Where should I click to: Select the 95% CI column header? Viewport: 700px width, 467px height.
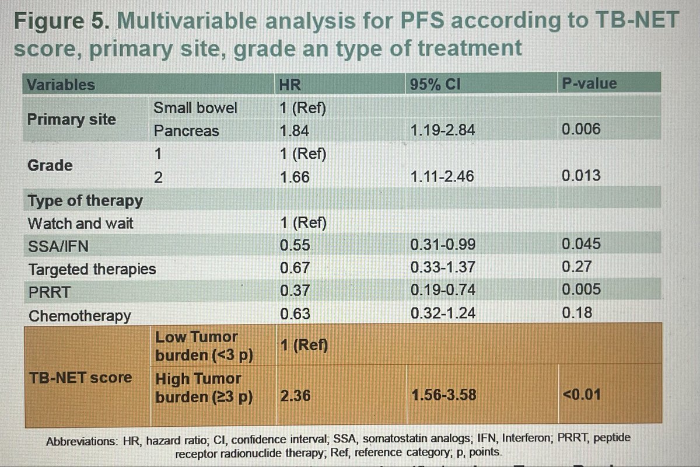[436, 85]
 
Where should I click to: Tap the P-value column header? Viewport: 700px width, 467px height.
[589, 84]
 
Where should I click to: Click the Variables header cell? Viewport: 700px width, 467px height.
[61, 84]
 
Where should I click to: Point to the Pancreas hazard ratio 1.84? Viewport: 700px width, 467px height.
[295, 131]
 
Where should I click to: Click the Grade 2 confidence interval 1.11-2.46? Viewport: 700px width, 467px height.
[442, 177]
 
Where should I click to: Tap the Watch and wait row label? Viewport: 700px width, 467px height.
[80, 223]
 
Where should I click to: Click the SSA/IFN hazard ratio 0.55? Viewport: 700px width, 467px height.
[295, 246]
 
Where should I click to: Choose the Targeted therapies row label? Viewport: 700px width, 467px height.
[92, 269]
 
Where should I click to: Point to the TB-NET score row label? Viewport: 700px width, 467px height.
[81, 377]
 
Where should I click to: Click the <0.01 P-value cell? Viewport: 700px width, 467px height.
[581, 395]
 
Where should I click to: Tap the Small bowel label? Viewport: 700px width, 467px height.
[195, 108]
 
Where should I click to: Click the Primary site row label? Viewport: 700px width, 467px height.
[72, 119]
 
